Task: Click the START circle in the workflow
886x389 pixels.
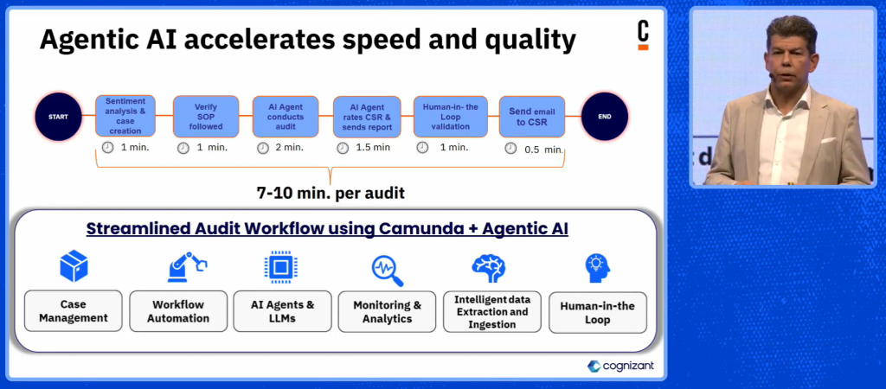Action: point(58,117)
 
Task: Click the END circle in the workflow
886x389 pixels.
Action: point(605,117)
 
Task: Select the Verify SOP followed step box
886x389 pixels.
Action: point(206,117)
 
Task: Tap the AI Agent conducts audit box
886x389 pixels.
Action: point(286,117)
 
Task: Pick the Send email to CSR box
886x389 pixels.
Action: point(532,117)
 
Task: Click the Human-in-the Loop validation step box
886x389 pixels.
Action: point(450,117)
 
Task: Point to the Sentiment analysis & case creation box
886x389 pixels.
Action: point(125,116)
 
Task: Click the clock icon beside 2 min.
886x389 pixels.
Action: point(263,148)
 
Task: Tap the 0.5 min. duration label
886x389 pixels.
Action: point(543,149)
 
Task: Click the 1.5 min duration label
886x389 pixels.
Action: point(373,147)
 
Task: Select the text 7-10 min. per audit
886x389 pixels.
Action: point(331,193)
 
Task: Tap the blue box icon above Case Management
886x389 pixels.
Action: point(74,266)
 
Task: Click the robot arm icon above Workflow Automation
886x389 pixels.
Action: point(187,266)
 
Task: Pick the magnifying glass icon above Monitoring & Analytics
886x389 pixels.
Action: point(388,271)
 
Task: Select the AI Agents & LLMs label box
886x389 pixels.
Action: point(283,311)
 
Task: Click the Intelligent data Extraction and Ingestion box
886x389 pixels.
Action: point(492,312)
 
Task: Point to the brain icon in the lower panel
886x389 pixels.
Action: point(488,268)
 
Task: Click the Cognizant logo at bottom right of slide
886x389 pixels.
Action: point(620,366)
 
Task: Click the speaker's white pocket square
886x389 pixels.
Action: point(828,140)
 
